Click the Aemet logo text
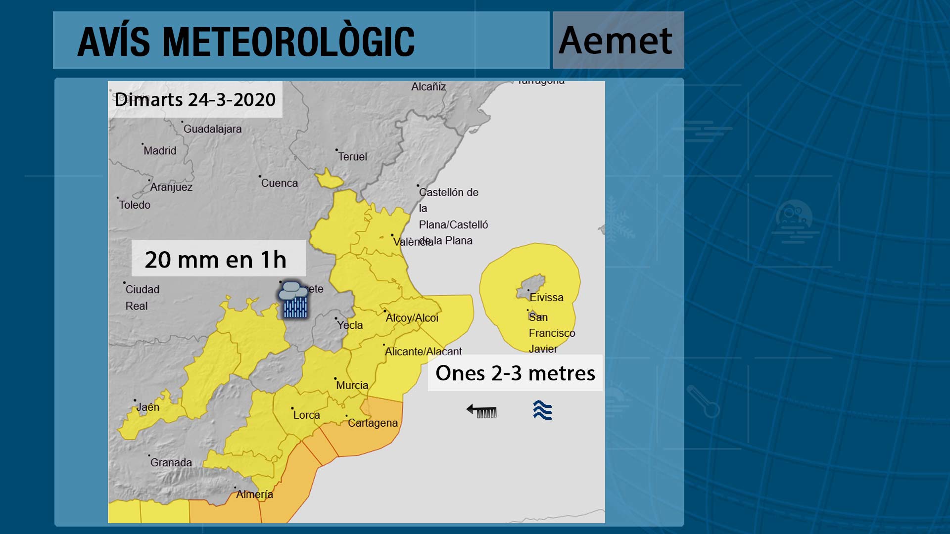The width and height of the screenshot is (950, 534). tap(616, 41)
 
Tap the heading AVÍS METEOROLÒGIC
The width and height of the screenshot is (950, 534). tap(246, 42)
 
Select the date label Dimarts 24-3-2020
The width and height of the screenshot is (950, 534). tap(195, 99)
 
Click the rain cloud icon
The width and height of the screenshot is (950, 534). tap(294, 300)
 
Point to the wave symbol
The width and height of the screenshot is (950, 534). tap(542, 410)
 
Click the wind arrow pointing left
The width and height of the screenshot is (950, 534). tap(481, 410)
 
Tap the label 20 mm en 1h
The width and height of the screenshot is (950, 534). tap(216, 259)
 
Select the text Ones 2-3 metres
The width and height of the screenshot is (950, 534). tap(515, 373)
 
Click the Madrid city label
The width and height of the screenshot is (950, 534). tap(160, 151)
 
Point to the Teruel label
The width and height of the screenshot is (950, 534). tap(352, 157)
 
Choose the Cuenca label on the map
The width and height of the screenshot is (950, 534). tap(279, 183)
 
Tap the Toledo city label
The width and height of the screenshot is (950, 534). tap(135, 205)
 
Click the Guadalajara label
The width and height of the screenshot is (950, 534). tap(212, 129)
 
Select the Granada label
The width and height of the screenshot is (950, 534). tap(171, 463)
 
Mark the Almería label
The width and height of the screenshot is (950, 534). tap(254, 494)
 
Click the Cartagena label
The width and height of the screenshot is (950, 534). tap(373, 423)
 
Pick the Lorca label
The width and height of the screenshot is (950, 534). tap(306, 415)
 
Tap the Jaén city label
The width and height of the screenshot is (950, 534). tap(147, 407)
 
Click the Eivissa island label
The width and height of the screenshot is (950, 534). tap(546, 298)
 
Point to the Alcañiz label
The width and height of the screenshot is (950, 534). tap(428, 87)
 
